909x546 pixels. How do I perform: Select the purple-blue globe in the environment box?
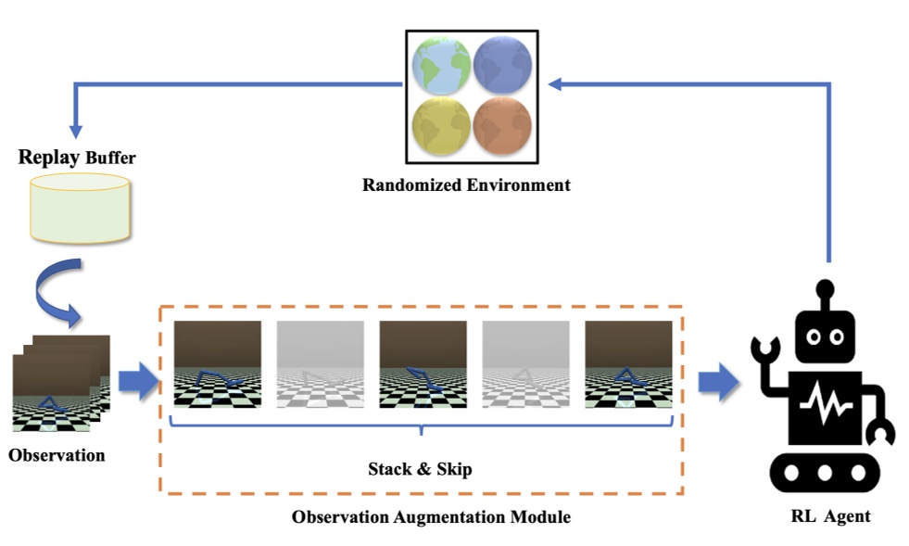502,66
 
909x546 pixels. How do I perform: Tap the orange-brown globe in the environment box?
502,126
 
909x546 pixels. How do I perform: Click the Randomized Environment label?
466,184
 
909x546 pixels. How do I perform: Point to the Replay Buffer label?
77,157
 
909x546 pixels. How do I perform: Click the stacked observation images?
60,382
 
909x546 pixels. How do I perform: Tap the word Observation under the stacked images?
57,455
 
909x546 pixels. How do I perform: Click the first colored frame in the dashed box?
219,364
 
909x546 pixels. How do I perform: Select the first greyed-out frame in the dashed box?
321,364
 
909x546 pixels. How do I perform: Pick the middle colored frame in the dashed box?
423,364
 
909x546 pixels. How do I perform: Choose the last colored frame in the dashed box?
628,364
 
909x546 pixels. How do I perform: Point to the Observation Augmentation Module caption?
431,516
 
